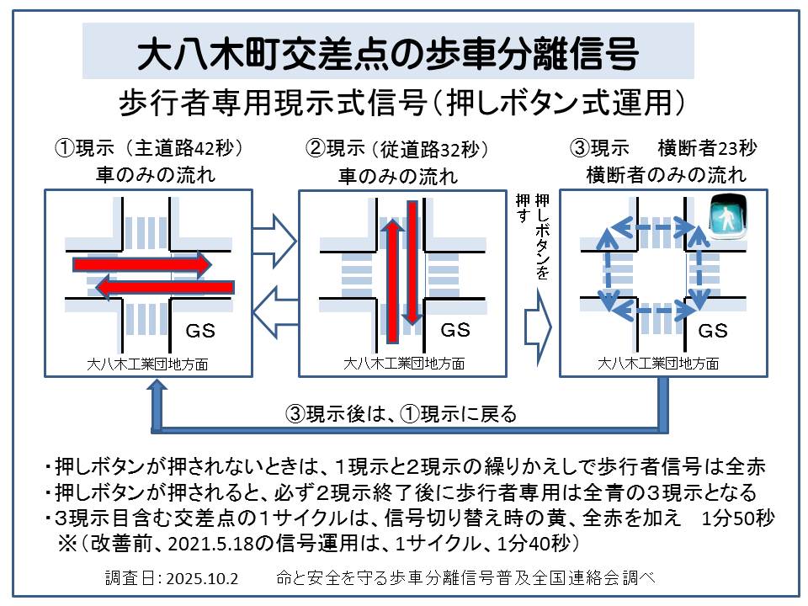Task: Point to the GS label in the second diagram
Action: click(x=455, y=328)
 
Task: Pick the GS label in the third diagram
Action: click(x=713, y=331)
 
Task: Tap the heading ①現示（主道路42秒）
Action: click(x=149, y=148)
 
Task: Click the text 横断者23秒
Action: click(x=708, y=148)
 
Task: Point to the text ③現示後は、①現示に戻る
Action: click(x=401, y=414)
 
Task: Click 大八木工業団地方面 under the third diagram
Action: click(x=658, y=364)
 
